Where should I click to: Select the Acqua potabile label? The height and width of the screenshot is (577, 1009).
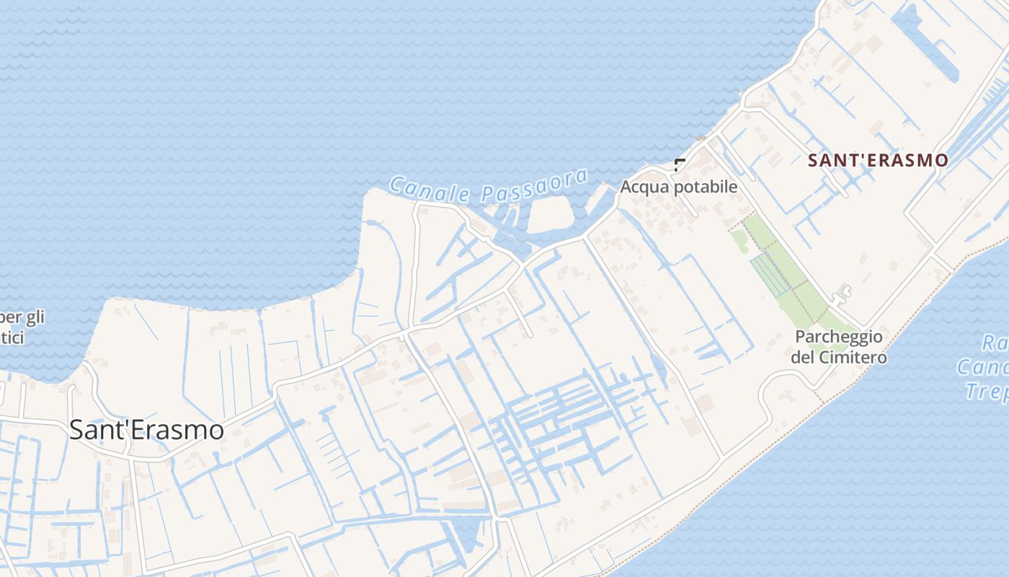point(679,187)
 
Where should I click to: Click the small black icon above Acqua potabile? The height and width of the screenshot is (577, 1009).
point(679,164)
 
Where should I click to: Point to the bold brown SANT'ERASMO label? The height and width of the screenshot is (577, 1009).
point(878,160)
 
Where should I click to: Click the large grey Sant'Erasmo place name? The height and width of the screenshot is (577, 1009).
point(146,430)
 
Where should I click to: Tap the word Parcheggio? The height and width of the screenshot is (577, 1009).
point(839,337)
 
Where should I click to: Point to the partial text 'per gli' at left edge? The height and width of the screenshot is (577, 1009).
point(22,317)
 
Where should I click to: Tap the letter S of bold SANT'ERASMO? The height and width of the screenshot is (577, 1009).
point(814,160)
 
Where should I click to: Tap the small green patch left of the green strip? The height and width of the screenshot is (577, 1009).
point(739,241)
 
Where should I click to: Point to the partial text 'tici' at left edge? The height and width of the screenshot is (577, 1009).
point(12,337)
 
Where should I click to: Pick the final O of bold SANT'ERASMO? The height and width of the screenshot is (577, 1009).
point(941,160)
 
